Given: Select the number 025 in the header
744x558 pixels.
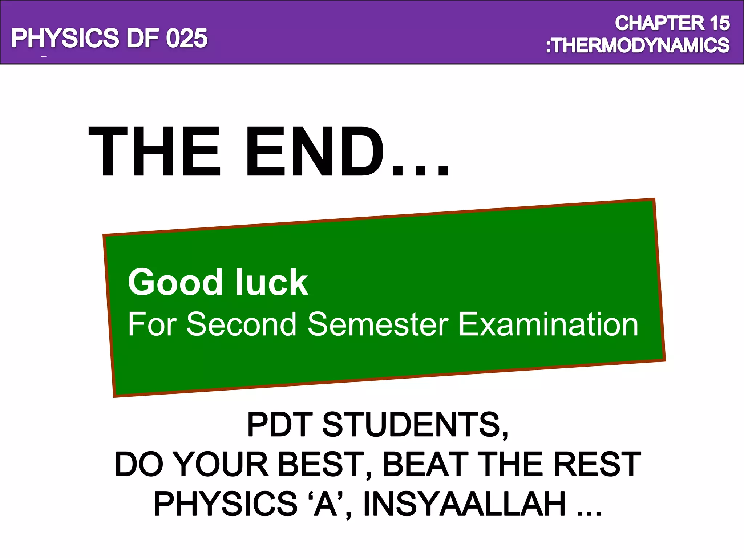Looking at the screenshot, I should [187, 38].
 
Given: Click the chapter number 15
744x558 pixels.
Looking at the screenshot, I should [720, 23].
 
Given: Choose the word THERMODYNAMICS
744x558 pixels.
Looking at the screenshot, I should [641, 45].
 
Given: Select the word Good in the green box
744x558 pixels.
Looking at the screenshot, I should [175, 282].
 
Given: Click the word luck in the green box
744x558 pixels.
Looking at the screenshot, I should [271, 282].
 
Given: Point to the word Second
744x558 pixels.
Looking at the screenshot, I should [242, 324].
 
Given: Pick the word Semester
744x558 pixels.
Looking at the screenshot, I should [378, 324].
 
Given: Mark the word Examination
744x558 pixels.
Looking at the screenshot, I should [548, 324].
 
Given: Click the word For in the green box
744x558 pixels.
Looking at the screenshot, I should [152, 324].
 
